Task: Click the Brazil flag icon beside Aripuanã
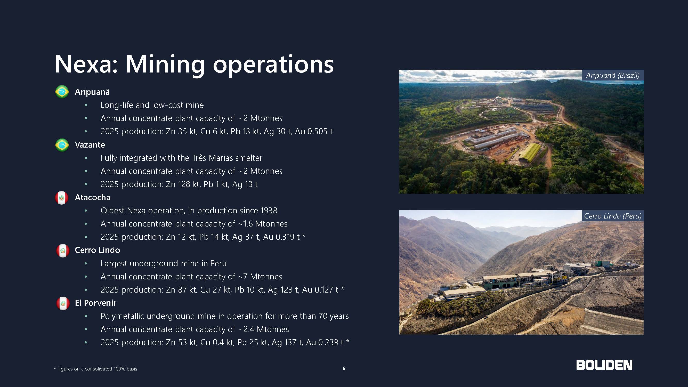pyautogui.click(x=62, y=92)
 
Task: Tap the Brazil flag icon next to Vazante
pyautogui.click(x=62, y=145)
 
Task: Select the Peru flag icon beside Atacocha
pyautogui.click(x=62, y=198)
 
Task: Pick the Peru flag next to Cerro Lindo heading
pyautogui.click(x=63, y=251)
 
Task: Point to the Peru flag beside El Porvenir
pyautogui.click(x=63, y=303)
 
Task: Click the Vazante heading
pyautogui.click(x=90, y=145)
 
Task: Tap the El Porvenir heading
pyautogui.click(x=96, y=303)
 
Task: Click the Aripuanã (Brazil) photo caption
pyautogui.click(x=613, y=76)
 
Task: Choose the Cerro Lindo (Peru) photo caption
pyautogui.click(x=613, y=216)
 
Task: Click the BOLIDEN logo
pyautogui.click(x=604, y=365)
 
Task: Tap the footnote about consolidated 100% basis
pyautogui.click(x=96, y=369)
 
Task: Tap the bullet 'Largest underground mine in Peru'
pyautogui.click(x=164, y=263)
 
